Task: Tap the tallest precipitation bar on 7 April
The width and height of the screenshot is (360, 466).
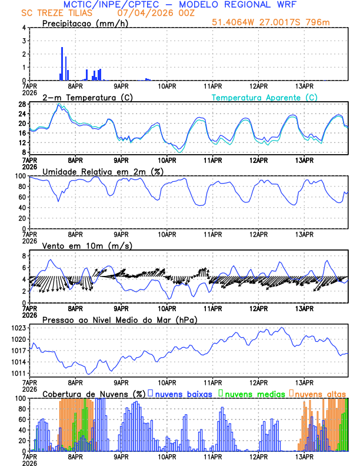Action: tap(62, 64)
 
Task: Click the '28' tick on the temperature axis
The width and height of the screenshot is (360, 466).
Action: tap(21, 104)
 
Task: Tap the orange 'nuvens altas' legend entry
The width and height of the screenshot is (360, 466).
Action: tap(321, 393)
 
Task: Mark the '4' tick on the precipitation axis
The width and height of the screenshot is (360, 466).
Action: tap(23, 28)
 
